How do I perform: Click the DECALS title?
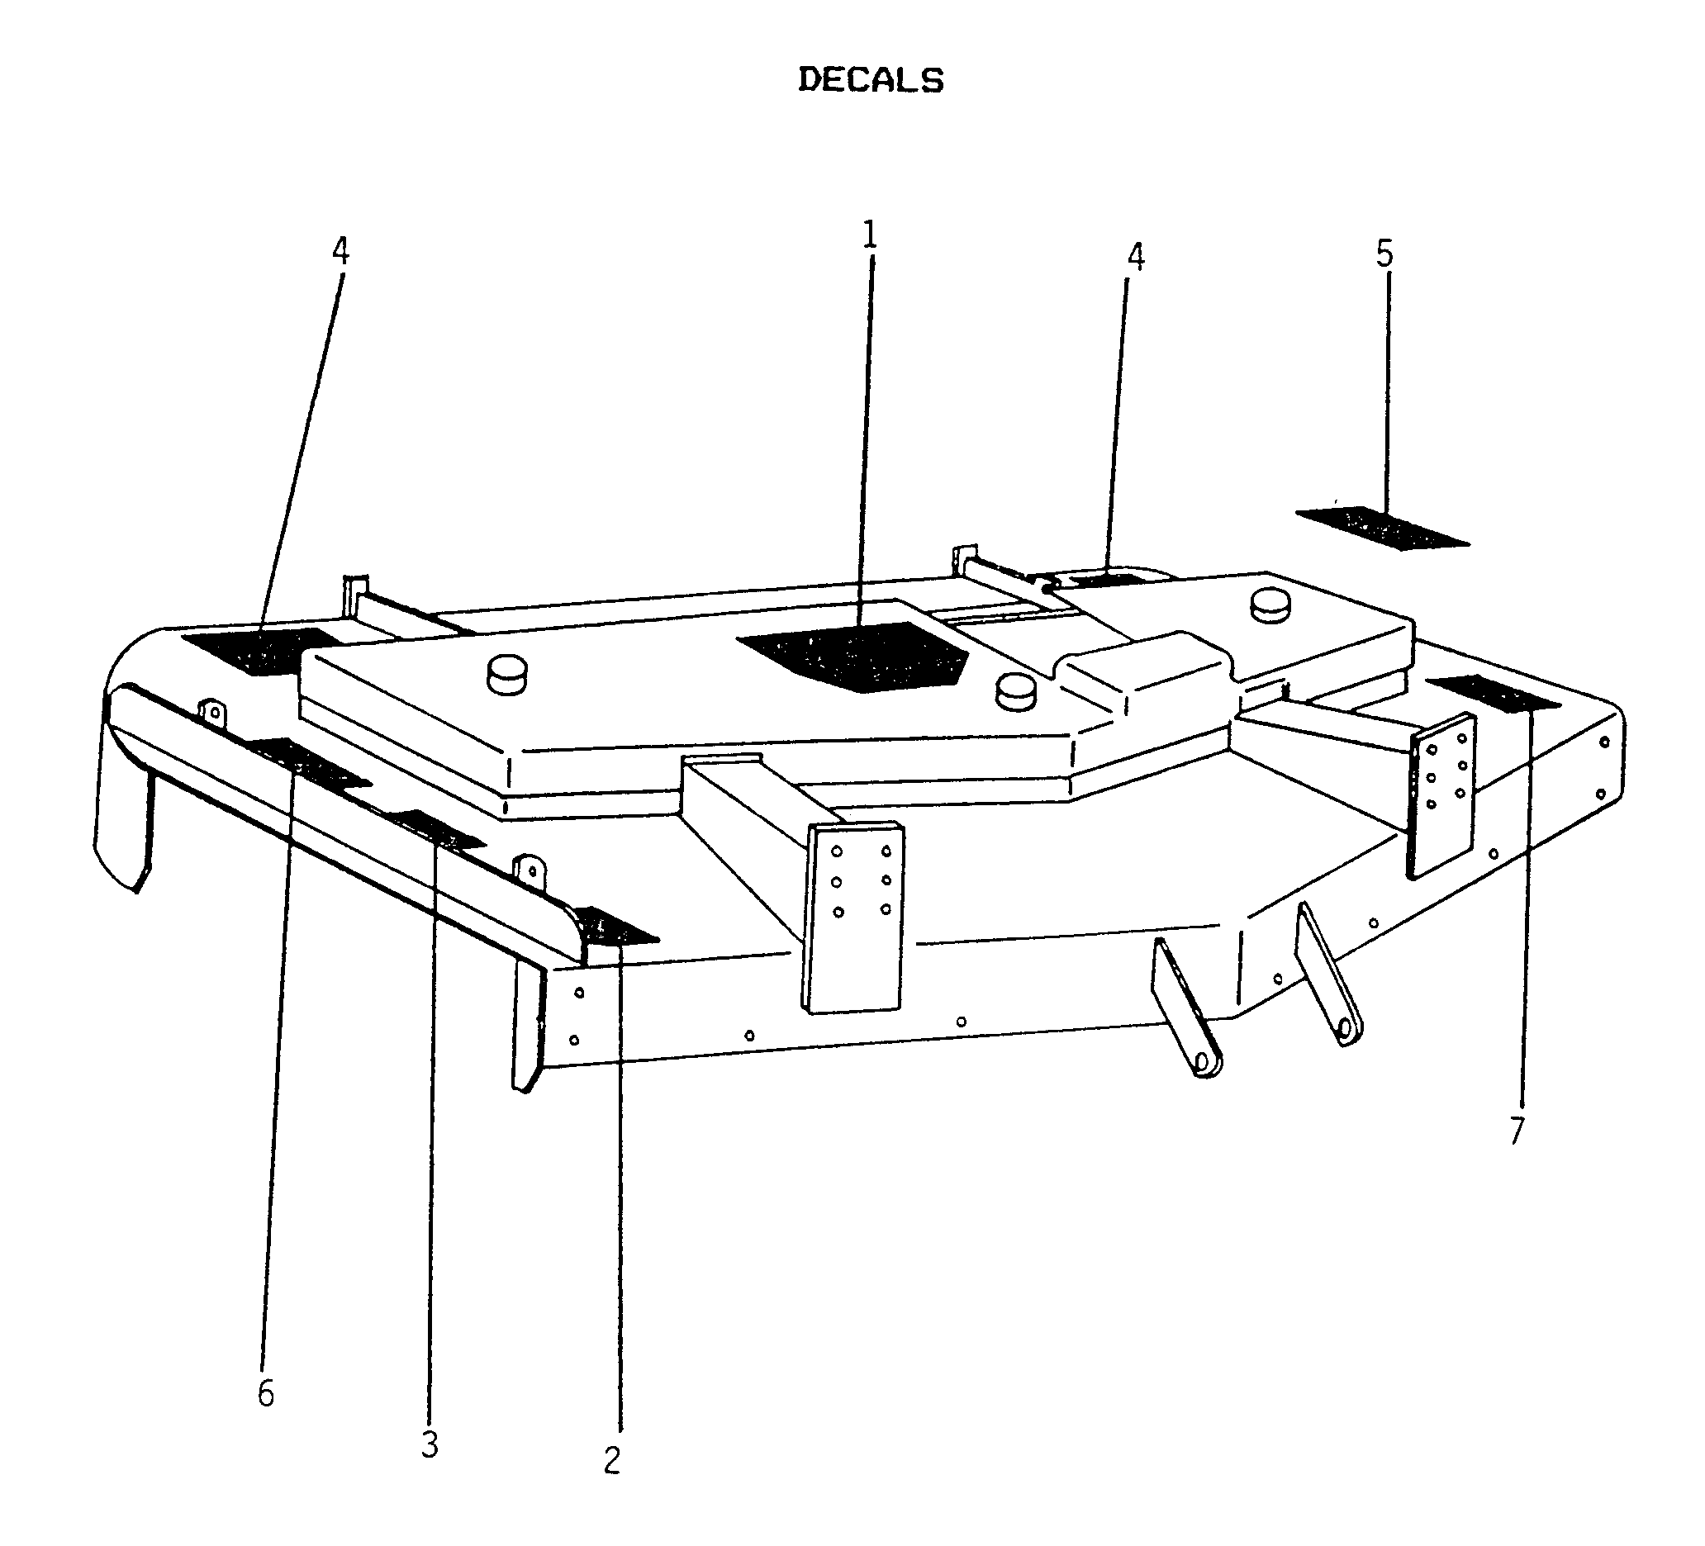(871, 79)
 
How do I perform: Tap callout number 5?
(1384, 253)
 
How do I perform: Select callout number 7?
(1517, 1131)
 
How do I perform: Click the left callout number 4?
(340, 250)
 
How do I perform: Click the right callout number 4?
(1136, 257)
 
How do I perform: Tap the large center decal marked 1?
(852, 657)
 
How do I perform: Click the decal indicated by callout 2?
(615, 925)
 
